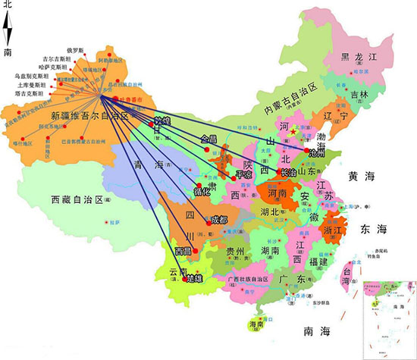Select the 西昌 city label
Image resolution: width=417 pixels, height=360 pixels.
183,250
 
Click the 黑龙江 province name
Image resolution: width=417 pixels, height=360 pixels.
357,57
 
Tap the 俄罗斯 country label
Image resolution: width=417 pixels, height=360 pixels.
77,49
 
